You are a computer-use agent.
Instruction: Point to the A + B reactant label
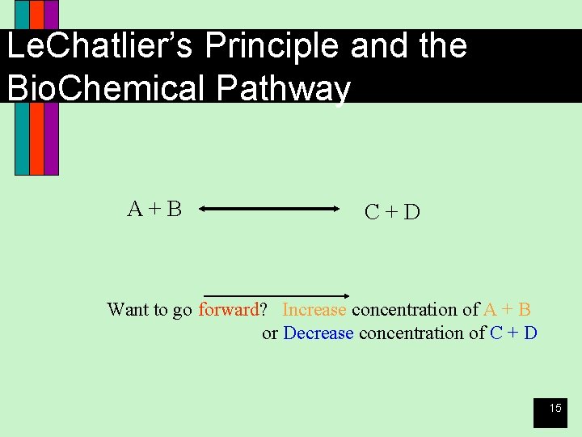pos(154,209)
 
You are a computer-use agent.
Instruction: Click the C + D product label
pos(392,212)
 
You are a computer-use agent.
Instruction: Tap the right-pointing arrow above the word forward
pos(275,295)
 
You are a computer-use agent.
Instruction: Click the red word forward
pos(229,310)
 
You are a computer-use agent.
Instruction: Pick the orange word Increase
pos(314,310)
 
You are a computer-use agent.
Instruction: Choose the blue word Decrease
pos(318,333)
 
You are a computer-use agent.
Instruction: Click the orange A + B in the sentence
pos(508,310)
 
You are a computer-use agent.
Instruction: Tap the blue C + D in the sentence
pos(514,333)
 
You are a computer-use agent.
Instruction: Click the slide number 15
pos(555,409)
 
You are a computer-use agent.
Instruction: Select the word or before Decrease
pos(270,333)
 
